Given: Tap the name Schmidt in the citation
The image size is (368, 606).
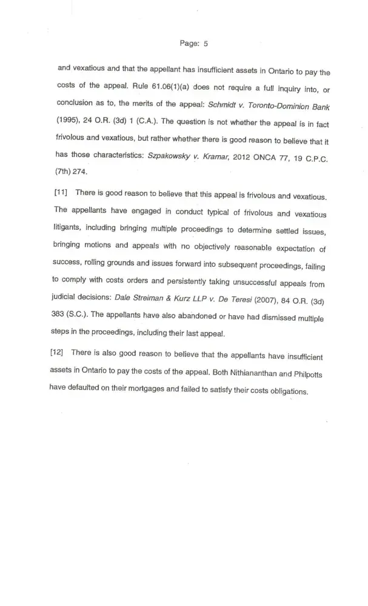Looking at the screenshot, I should [223, 105].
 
